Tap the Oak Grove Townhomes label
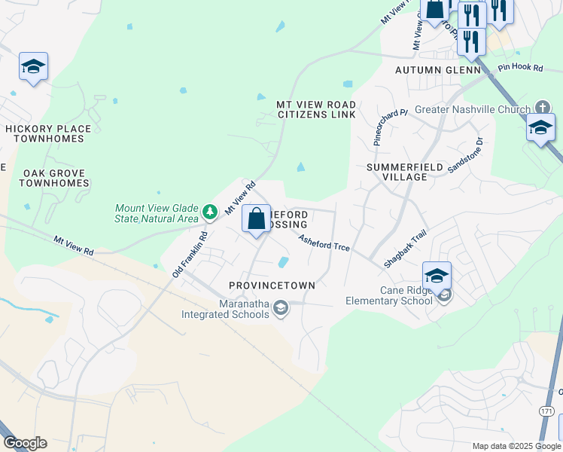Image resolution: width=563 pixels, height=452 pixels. click(x=54, y=178)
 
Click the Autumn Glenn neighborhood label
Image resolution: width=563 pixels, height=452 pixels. click(x=438, y=70)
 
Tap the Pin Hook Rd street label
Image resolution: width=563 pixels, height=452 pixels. click(x=520, y=68)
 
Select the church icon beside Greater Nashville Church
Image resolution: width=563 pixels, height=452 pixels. click(x=542, y=108)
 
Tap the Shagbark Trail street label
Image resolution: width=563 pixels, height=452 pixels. click(x=404, y=249)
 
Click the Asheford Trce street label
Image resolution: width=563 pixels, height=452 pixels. click(x=324, y=243)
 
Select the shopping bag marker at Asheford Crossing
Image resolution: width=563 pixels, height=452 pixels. click(x=257, y=219)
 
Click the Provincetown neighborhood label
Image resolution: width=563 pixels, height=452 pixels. click(x=272, y=286)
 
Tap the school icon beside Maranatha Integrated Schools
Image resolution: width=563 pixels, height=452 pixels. click(x=280, y=307)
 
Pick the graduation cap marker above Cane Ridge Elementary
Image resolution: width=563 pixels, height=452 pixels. click(x=437, y=276)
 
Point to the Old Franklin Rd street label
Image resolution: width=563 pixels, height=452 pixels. click(x=189, y=254)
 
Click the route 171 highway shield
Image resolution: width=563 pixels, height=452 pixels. click(x=547, y=411)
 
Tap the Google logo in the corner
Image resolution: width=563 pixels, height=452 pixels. click(x=25, y=443)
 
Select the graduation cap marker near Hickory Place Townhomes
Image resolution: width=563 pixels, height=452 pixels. click(x=33, y=67)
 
